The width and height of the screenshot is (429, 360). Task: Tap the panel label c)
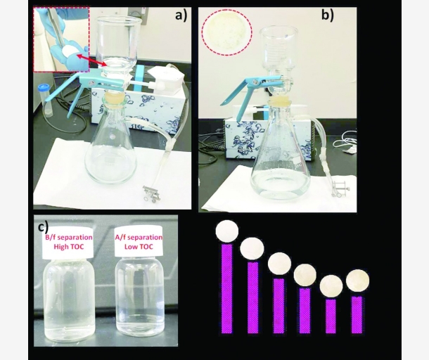pos(42,226)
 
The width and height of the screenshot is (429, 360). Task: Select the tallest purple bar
pos(226,288)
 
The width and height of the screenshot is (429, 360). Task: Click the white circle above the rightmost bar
pos(357,281)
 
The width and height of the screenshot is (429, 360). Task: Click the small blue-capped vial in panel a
pos(47,98)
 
